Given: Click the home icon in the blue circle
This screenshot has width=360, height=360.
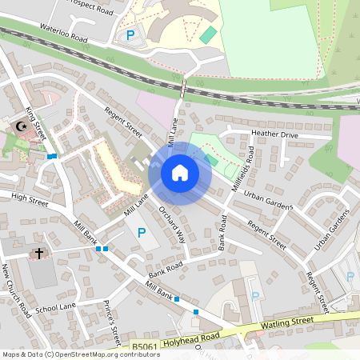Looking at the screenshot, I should click(179, 173).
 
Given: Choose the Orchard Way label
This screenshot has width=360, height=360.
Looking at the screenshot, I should click(171, 226).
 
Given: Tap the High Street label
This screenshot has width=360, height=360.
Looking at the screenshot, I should click(30, 197).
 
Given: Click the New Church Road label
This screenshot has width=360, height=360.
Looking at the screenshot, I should click(15, 288).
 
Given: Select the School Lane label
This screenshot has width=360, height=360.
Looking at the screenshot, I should click(55, 306).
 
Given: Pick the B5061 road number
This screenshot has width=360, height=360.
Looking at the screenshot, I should click(145, 346).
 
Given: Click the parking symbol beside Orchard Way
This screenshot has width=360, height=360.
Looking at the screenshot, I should click(142, 233).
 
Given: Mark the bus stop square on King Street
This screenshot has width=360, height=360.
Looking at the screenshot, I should click(51, 156).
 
